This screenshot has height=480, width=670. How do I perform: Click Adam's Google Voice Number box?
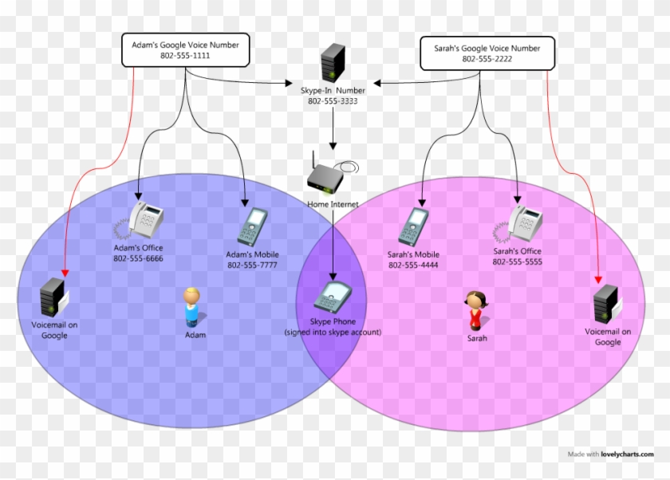click(185, 50)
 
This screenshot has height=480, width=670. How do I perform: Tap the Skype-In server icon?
click(332, 63)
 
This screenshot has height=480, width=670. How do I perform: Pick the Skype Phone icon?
click(330, 297)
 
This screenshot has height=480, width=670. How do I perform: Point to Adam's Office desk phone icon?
click(144, 220)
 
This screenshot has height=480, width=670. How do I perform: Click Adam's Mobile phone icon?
click(251, 227)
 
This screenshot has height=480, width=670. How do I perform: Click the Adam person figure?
click(191, 308)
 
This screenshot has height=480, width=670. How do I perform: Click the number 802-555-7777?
click(252, 266)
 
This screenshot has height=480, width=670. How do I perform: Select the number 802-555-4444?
click(413, 266)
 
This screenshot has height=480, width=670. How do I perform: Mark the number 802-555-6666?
click(139, 258)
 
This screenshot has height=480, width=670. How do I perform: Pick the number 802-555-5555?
click(518, 262)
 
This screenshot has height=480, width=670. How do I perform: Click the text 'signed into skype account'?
click(333, 332)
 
